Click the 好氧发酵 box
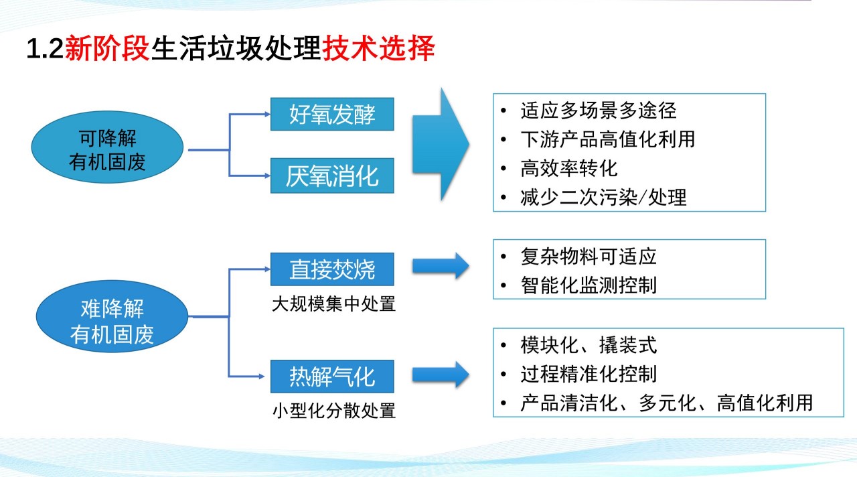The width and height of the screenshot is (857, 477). point(332,114)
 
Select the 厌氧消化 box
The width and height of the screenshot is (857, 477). point(332,176)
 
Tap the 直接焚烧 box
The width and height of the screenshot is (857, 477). point(332,269)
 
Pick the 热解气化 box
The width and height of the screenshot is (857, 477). point(332,377)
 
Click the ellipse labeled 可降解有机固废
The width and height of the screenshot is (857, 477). point(107,147)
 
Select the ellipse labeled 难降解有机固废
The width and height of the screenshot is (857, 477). point(112,317)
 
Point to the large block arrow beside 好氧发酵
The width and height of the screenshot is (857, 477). point(441,144)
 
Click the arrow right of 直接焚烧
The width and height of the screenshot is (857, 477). point(441,266)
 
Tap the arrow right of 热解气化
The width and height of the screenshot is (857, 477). point(441,374)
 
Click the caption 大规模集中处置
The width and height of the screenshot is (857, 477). point(333,304)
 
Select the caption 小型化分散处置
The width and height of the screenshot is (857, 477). point(333,411)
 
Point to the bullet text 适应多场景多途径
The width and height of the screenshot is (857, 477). point(599,111)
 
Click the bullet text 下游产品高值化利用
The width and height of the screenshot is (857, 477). point(608,139)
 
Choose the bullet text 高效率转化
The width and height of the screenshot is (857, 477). point(569,168)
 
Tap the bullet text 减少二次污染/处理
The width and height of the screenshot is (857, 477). point(603,198)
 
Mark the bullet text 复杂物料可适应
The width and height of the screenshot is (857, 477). point(589,257)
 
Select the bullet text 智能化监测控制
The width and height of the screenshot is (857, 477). point(589,285)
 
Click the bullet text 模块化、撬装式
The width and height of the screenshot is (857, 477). point(589,345)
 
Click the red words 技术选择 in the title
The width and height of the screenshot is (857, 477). point(379,48)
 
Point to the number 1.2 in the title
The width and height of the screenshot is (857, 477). point(45,49)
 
